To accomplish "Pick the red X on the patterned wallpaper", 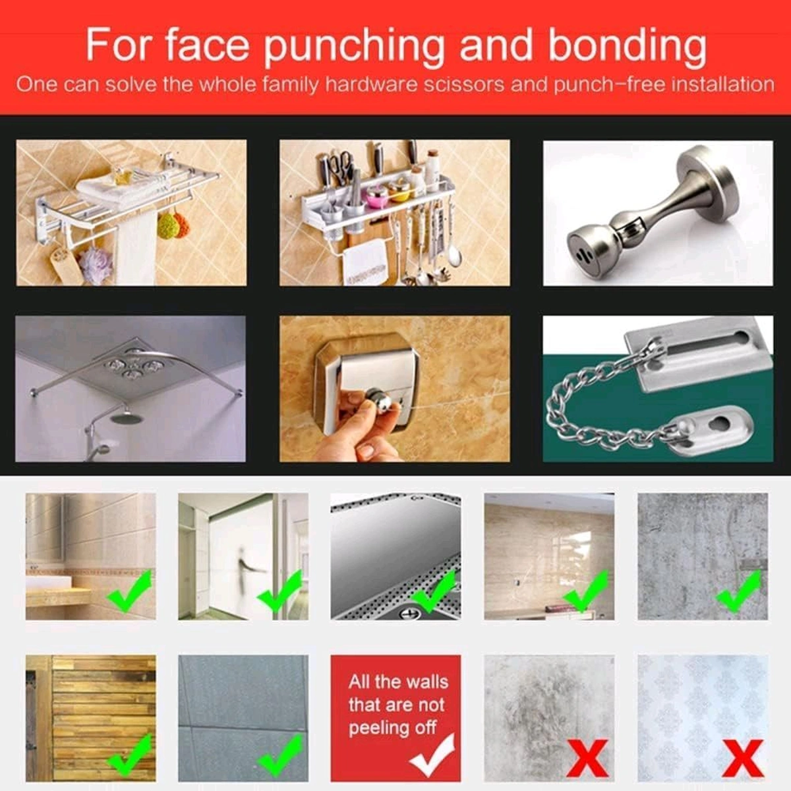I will tap(743, 758).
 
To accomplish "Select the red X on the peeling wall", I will tap(587, 758).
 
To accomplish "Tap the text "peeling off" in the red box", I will tap(392, 728).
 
